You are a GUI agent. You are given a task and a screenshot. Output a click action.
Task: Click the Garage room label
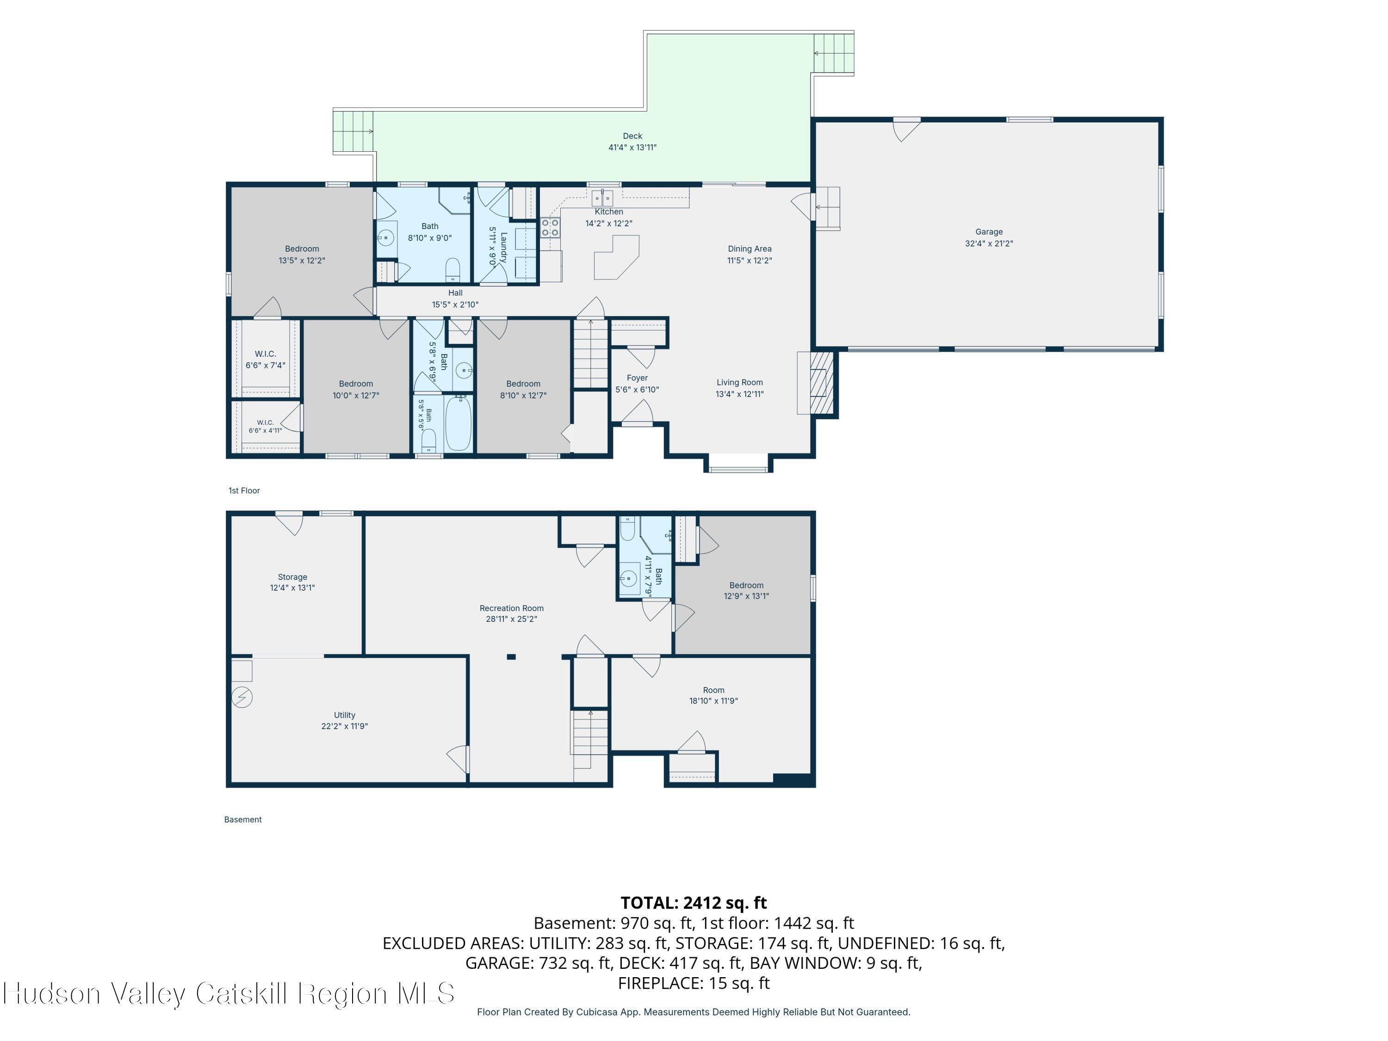(989, 231)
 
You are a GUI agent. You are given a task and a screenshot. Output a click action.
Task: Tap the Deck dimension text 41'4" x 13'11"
(632, 148)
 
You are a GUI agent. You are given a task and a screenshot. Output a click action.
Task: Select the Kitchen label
(609, 211)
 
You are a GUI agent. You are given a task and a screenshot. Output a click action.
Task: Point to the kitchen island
(617, 257)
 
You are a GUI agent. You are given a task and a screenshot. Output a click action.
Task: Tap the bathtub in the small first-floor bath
(458, 422)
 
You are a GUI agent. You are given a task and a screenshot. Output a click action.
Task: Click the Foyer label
(637, 378)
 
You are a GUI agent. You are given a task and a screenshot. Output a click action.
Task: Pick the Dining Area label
(749, 248)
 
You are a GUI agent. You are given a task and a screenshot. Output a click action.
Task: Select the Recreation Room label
(511, 608)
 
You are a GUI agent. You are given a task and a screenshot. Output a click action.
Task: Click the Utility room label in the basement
(345, 715)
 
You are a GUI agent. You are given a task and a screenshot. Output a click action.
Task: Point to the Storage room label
(292, 576)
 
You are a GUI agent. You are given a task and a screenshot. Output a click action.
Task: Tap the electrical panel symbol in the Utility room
(242, 697)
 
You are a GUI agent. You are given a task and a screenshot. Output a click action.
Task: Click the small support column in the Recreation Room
(511, 657)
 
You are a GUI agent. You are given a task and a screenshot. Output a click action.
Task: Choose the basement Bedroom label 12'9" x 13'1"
(746, 590)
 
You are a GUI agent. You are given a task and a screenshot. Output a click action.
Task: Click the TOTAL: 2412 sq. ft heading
(694, 902)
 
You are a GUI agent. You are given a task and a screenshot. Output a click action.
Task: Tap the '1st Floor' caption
(244, 491)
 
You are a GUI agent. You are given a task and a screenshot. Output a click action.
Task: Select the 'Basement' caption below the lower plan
(243, 819)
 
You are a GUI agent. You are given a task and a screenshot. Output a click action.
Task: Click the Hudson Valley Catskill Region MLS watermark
(229, 993)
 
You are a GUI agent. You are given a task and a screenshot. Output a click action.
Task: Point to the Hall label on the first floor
(456, 293)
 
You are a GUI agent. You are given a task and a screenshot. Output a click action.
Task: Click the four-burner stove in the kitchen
(550, 227)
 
